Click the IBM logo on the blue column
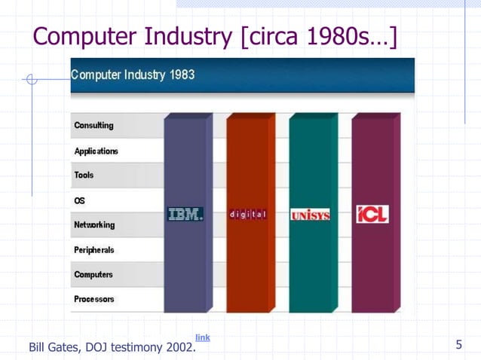[185, 215]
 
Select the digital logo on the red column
[248, 215]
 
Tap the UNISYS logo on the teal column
[310, 215]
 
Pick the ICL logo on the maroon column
[372, 215]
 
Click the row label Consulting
[93, 126]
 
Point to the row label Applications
[96, 151]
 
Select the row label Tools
[84, 175]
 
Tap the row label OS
[80, 200]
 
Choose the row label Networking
[94, 224]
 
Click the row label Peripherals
[94, 249]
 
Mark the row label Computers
[93, 274]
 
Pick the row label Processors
[94, 299]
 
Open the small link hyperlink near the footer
[203, 337]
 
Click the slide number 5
[458, 345]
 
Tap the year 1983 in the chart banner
[181, 76]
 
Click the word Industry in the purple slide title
[187, 37]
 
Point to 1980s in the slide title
[332, 37]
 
